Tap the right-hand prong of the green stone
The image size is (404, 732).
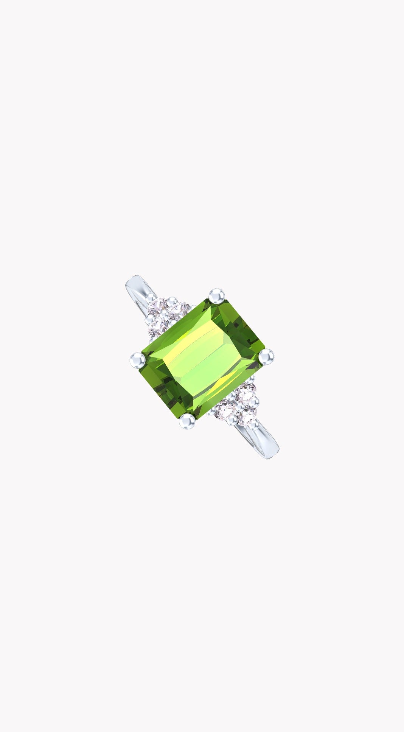click(x=266, y=357)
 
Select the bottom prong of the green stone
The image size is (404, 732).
click(x=187, y=420)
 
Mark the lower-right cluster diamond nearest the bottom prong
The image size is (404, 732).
click(x=226, y=410)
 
